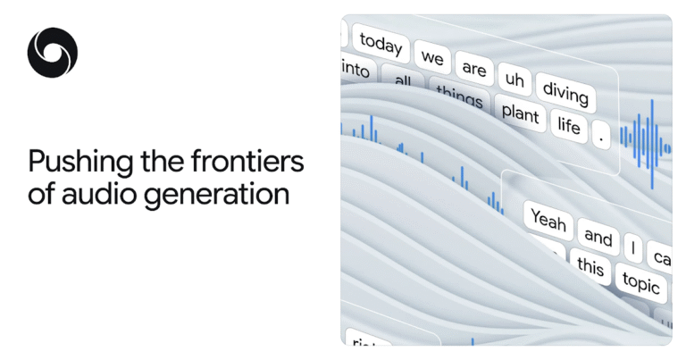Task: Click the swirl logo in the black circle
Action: coord(52,52)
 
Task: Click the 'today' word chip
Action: coord(381,42)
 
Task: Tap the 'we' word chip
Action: coord(433,59)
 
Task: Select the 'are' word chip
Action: coord(473,69)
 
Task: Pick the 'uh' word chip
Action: coord(514,80)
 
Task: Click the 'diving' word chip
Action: coord(565,94)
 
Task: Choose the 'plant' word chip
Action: coord(520,114)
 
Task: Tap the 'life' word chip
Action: coord(569,125)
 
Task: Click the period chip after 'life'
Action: coord(602,138)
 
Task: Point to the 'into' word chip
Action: coord(356,68)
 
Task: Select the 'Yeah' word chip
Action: coord(548,220)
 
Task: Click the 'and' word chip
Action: coord(598,237)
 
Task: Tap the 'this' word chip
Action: coord(590,265)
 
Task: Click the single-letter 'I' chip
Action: coord(632,247)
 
